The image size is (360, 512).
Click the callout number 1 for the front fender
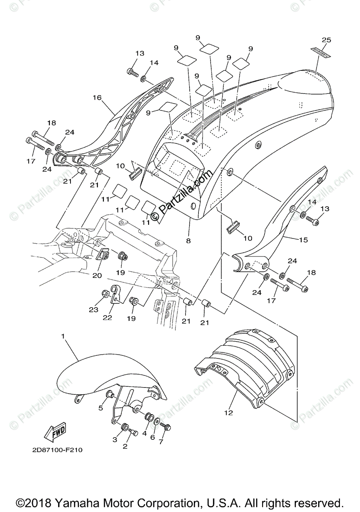click(x=63, y=337)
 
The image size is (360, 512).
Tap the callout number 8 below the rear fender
click(x=188, y=240)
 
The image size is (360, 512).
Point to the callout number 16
click(x=97, y=98)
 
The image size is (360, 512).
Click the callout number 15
click(x=303, y=240)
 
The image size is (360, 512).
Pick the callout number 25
click(x=326, y=40)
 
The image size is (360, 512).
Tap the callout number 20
click(x=97, y=275)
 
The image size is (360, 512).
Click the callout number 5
click(x=101, y=408)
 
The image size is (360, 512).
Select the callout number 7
click(x=161, y=442)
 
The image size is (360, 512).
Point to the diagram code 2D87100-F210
click(x=56, y=450)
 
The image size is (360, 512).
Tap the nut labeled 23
click(x=105, y=294)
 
